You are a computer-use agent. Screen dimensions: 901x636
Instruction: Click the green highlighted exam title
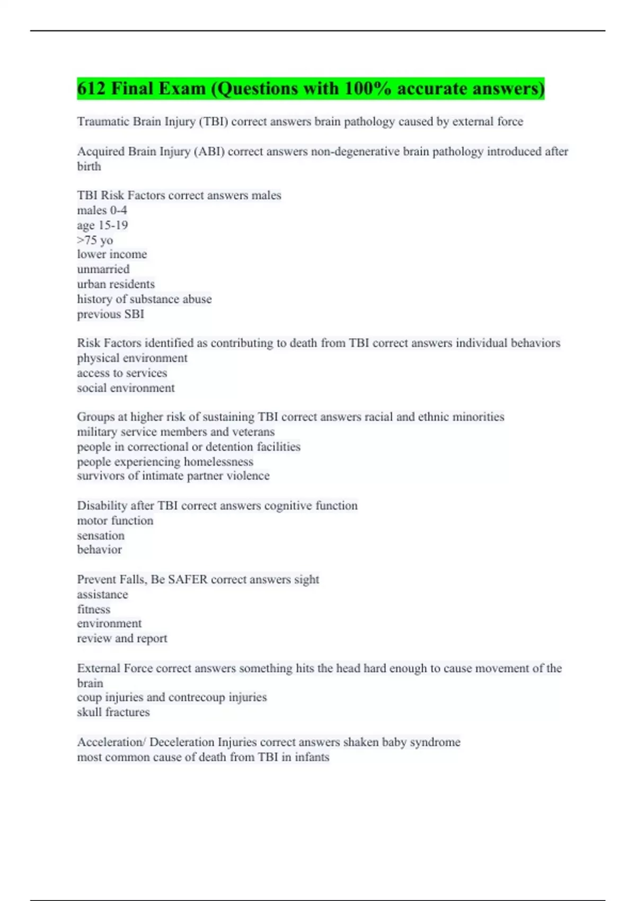(311, 89)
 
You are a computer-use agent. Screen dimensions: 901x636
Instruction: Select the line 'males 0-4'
(102, 210)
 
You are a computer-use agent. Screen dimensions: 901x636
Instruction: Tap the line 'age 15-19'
(102, 225)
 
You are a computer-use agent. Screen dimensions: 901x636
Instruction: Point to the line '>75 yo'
(95, 240)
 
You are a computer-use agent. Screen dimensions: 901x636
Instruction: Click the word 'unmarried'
(103, 269)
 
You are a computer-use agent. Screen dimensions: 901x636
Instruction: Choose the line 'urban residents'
(116, 284)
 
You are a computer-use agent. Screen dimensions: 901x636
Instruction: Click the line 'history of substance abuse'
(144, 299)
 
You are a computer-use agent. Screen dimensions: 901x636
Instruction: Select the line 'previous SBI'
(111, 314)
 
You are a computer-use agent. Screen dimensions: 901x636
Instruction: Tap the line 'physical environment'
(132, 358)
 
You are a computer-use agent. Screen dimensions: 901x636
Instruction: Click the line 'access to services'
(122, 373)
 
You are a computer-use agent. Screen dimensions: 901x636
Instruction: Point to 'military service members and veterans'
(176, 432)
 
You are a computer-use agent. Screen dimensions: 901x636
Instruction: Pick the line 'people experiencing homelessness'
(165, 462)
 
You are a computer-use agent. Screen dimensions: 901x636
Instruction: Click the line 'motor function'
(115, 520)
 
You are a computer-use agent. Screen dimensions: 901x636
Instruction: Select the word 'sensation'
(101, 535)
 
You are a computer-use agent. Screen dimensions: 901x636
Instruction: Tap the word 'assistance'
(102, 595)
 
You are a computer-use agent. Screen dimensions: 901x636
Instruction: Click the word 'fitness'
(94, 609)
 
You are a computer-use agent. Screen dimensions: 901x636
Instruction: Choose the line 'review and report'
(122, 639)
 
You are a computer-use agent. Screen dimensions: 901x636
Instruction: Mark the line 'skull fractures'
(113, 712)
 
